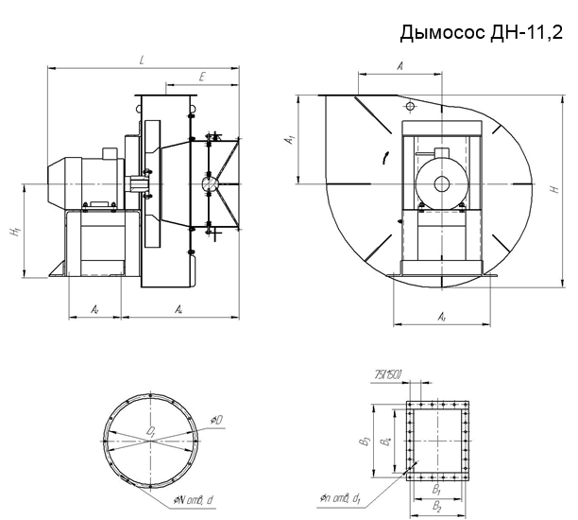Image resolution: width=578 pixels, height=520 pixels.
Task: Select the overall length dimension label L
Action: tap(140, 61)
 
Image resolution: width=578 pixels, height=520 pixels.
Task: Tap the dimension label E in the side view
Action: tap(203, 76)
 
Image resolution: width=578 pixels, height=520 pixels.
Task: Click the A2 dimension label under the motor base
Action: tap(95, 309)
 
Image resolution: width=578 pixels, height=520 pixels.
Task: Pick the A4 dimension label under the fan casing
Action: tap(179, 309)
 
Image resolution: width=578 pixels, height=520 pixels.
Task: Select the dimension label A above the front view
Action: tap(400, 65)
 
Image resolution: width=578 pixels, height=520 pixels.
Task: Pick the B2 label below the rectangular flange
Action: tap(437, 508)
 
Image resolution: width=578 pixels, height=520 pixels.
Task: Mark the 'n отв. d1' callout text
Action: tap(347, 494)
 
